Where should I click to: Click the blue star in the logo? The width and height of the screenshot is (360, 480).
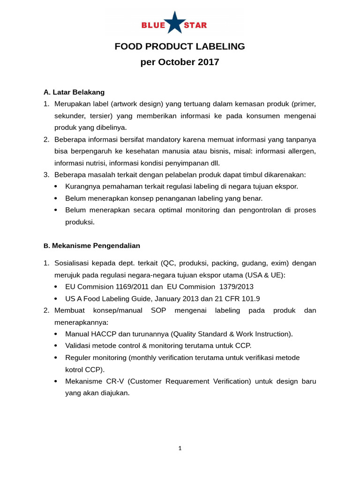click(x=174, y=23)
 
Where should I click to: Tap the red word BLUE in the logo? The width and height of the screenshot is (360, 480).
click(x=153, y=25)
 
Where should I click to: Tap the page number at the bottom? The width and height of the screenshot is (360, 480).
click(x=180, y=448)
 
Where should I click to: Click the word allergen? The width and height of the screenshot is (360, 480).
click(x=301, y=151)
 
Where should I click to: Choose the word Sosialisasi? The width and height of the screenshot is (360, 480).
click(x=73, y=263)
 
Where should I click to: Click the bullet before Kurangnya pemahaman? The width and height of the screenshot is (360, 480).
click(x=56, y=187)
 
